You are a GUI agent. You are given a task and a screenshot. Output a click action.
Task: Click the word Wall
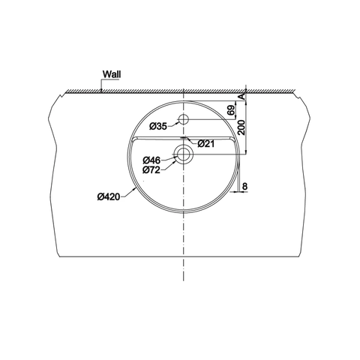(x=111, y=75)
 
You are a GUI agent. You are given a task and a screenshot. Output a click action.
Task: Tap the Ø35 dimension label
(x=158, y=125)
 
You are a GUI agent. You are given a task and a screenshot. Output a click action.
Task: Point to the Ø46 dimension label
(x=152, y=160)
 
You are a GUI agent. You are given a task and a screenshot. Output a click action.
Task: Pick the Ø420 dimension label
(x=109, y=197)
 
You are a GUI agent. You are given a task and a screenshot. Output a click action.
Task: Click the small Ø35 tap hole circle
(x=184, y=119)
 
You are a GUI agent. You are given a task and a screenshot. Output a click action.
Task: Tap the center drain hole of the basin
(x=184, y=154)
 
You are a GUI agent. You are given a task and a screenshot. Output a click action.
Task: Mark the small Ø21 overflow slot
(x=184, y=139)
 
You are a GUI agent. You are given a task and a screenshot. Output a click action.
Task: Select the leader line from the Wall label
(x=100, y=84)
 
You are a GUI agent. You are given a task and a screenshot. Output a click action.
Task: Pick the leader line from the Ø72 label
(x=169, y=165)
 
